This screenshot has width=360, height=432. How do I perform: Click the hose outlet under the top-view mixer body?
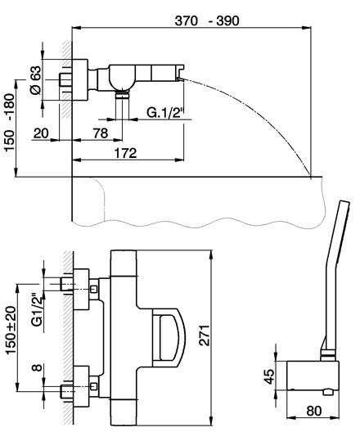point(122,96)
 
